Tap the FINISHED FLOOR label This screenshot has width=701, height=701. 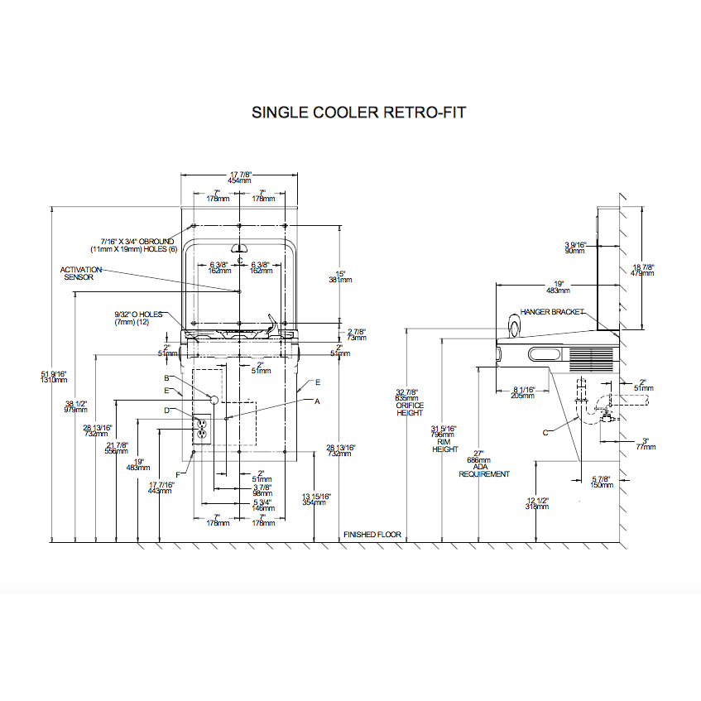[372, 535]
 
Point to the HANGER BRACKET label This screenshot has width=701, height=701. [552, 312]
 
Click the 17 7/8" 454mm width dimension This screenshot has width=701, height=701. [239, 177]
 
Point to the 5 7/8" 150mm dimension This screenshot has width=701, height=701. [601, 481]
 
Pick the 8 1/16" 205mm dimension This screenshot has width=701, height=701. [523, 392]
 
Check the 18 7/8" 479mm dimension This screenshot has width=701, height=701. [642, 270]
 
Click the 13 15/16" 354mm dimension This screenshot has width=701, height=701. [317, 499]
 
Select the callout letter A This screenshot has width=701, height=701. [316, 400]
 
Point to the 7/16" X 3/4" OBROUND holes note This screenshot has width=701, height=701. [132, 245]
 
